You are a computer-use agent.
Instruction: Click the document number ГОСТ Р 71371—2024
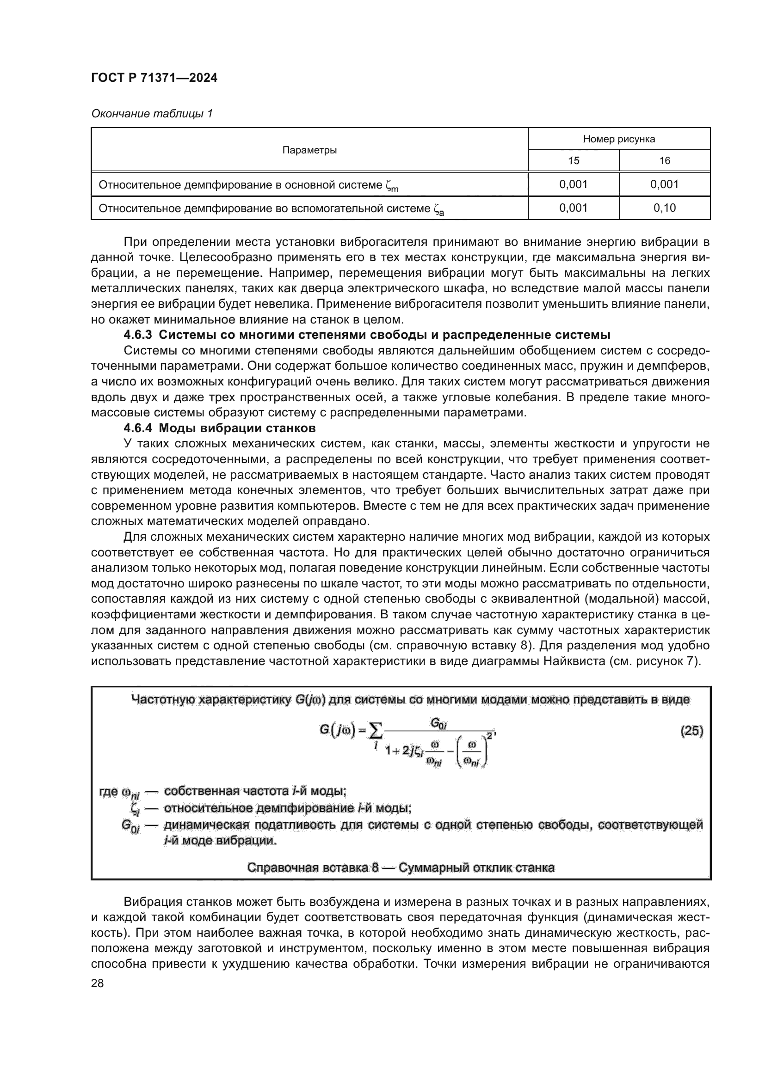(x=154, y=78)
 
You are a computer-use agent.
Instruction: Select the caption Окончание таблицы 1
(x=152, y=114)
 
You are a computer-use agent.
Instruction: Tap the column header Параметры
(x=309, y=150)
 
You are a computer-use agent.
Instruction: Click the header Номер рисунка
(x=618, y=139)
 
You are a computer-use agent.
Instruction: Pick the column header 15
(x=573, y=160)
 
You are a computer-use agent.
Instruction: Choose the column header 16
(x=664, y=160)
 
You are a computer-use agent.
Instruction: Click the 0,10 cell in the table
(x=664, y=208)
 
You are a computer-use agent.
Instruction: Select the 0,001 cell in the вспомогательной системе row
(x=573, y=208)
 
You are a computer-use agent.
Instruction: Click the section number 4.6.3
(x=137, y=335)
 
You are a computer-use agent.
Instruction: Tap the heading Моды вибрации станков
(x=237, y=428)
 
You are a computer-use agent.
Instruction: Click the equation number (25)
(x=691, y=731)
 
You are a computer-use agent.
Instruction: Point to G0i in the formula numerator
(x=438, y=723)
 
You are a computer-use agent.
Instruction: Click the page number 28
(x=98, y=983)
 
